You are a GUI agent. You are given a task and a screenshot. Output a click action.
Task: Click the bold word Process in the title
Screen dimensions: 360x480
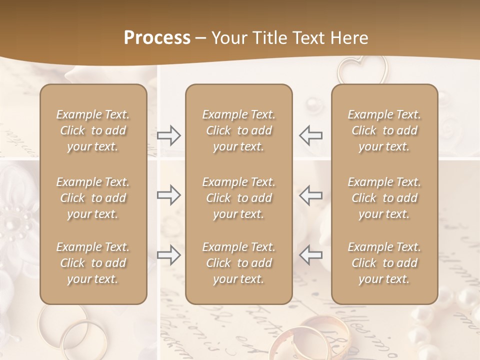tap(157, 38)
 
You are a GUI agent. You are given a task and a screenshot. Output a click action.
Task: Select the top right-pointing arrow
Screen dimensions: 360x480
tap(169, 135)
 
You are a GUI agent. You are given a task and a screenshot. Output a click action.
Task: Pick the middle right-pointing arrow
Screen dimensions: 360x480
tap(169, 195)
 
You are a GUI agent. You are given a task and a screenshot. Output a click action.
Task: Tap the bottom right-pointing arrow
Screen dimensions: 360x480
tap(169, 255)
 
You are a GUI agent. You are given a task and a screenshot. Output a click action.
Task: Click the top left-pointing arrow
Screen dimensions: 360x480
tap(310, 135)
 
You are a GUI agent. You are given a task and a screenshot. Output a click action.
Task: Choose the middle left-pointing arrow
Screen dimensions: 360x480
tap(310, 195)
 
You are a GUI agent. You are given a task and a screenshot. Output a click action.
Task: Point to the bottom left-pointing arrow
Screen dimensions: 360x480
tap(310, 255)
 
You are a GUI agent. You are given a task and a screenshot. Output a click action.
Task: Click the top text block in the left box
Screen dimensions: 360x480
tap(93, 130)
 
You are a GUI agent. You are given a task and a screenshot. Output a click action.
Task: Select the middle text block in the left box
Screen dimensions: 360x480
tap(93, 198)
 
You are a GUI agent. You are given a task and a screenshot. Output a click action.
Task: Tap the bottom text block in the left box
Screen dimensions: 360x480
tap(93, 263)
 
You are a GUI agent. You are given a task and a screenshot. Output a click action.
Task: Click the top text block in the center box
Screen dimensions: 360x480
tap(239, 130)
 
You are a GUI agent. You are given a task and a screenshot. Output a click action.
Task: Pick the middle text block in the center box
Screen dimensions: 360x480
tap(239, 198)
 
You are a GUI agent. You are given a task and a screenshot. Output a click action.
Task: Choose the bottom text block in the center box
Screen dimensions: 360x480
tap(239, 263)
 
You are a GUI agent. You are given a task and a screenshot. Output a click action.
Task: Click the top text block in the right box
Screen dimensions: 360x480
tap(384, 130)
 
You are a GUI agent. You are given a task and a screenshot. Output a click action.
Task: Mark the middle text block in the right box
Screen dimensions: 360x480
tap(384, 198)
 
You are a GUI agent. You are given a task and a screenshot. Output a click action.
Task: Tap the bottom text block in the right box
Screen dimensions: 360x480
tap(384, 263)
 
